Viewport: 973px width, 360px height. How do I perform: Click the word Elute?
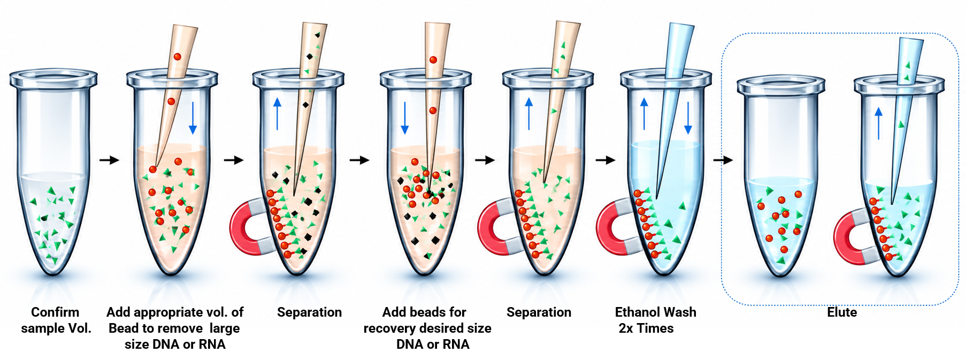click(x=841, y=312)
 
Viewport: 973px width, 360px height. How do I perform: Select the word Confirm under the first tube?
click(x=55, y=312)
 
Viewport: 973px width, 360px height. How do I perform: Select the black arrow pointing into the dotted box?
click(x=723, y=159)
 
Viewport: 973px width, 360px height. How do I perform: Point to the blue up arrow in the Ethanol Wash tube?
click(x=644, y=113)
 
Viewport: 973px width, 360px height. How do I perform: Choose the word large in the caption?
click(x=225, y=328)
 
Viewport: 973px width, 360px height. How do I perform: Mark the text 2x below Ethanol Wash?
click(x=626, y=328)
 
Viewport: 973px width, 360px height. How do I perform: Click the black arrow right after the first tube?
click(x=109, y=159)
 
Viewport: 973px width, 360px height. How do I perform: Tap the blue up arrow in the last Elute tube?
click(x=878, y=123)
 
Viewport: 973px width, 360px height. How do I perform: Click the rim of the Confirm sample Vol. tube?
click(x=53, y=79)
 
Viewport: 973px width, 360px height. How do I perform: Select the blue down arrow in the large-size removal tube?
click(x=193, y=118)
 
